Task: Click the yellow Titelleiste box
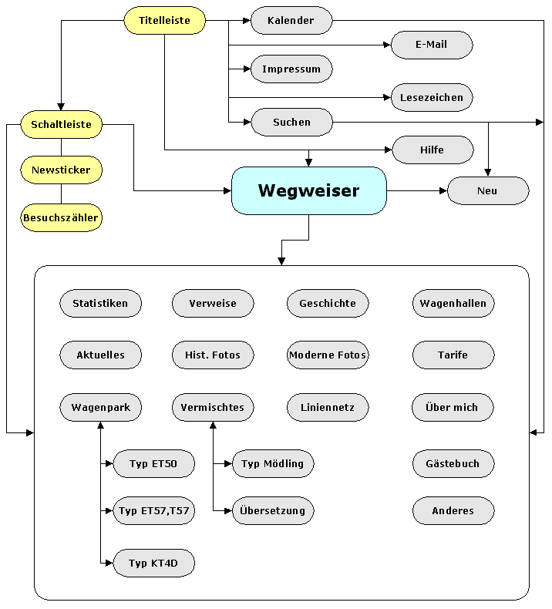(x=165, y=21)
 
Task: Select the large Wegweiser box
(x=308, y=190)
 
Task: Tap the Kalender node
(x=291, y=21)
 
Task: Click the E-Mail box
(x=432, y=45)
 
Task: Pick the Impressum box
(x=291, y=69)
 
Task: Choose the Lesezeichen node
(x=432, y=98)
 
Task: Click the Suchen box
(x=291, y=122)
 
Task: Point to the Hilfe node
(x=432, y=150)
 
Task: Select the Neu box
(x=487, y=190)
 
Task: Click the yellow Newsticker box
(x=61, y=170)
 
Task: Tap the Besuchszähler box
(x=61, y=218)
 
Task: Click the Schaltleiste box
(x=61, y=124)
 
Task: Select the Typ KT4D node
(x=153, y=564)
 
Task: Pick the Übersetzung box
(x=273, y=510)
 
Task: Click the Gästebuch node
(x=453, y=464)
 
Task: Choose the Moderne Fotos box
(x=328, y=355)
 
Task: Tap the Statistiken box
(x=100, y=304)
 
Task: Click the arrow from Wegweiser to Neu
(x=416, y=190)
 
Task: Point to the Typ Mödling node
(x=273, y=464)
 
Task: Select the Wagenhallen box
(x=453, y=304)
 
